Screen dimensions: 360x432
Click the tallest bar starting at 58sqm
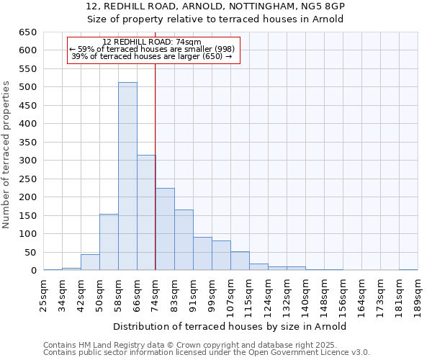(127, 176)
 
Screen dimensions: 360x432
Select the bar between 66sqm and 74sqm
(146, 212)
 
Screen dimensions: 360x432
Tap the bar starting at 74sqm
(165, 229)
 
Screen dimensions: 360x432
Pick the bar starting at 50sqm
(109, 242)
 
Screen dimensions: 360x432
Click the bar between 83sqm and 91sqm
(184, 240)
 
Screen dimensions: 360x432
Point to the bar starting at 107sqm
(240, 261)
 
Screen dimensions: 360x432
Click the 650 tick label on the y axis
(28, 32)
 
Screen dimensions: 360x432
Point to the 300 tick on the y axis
(28, 161)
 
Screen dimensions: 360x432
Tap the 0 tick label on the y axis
(34, 271)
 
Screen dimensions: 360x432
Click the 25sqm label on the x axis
(44, 292)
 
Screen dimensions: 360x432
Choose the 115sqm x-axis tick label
(250, 294)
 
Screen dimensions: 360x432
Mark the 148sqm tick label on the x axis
(325, 294)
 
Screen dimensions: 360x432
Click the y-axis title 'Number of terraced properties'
(6, 155)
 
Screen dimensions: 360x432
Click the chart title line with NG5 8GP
(215, 6)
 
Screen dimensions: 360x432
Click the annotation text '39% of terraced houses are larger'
(152, 56)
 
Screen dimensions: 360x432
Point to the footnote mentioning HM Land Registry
(205, 345)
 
